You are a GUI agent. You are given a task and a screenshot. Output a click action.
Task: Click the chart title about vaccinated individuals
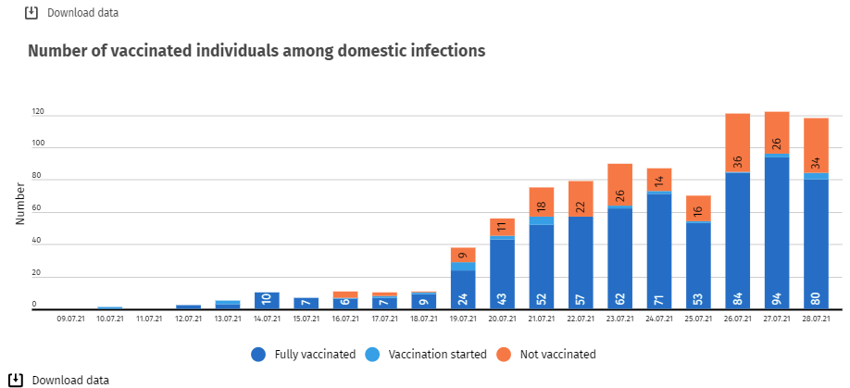coord(256,51)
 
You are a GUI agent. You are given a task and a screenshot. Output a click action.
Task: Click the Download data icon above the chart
coord(31,13)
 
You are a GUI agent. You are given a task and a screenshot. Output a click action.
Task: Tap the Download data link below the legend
coord(70,380)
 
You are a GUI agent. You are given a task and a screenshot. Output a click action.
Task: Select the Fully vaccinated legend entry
coord(303,354)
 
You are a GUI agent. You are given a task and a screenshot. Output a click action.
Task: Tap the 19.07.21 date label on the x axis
coord(463,319)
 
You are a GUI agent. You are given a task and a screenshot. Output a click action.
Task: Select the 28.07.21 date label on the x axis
coord(816,319)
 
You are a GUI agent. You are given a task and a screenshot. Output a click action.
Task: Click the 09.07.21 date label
coord(71,319)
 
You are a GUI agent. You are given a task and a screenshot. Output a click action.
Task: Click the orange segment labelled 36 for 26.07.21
coord(737,143)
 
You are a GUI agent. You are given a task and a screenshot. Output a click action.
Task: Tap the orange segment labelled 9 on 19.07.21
coord(463,255)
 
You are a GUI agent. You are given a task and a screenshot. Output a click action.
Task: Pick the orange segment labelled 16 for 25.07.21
coord(698,208)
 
